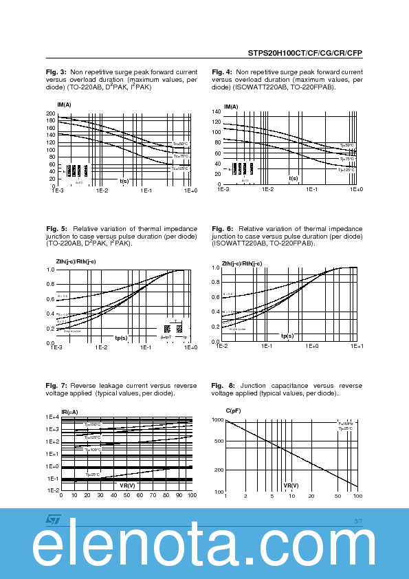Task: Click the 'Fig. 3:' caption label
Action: (56, 72)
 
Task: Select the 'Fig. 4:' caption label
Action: (221, 72)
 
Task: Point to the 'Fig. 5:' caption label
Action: (56, 228)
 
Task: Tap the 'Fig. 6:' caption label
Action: (221, 228)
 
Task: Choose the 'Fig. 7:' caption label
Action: (56, 385)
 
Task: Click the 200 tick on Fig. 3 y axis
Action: (50, 113)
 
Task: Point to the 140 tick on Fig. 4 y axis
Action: (217, 111)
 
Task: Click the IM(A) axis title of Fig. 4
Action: (231, 107)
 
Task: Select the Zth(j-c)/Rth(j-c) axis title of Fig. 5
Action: (76, 262)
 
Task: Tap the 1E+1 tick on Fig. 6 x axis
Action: (357, 347)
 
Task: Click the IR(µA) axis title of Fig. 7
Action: (69, 411)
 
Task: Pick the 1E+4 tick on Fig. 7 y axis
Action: (53, 417)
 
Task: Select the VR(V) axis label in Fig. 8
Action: (291, 485)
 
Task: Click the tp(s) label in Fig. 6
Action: (287, 336)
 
